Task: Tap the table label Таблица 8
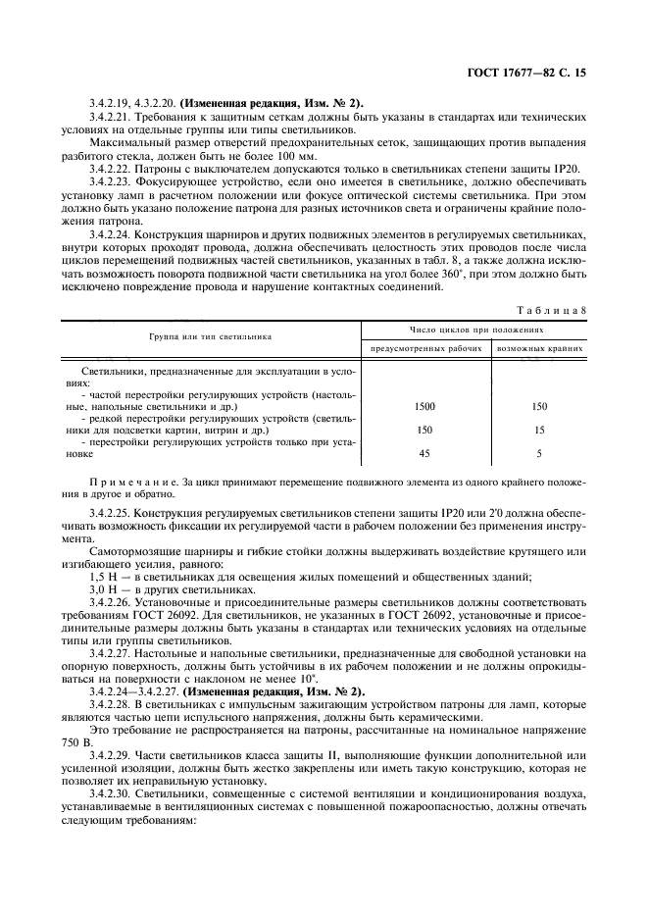[551, 311]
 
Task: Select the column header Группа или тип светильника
[211, 335]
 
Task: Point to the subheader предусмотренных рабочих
[425, 348]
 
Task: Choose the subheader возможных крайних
[540, 348]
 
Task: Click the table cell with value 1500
[425, 405]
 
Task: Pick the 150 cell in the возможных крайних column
[540, 405]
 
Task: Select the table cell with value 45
[425, 453]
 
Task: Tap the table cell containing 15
[540, 430]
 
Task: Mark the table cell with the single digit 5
[540, 453]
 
